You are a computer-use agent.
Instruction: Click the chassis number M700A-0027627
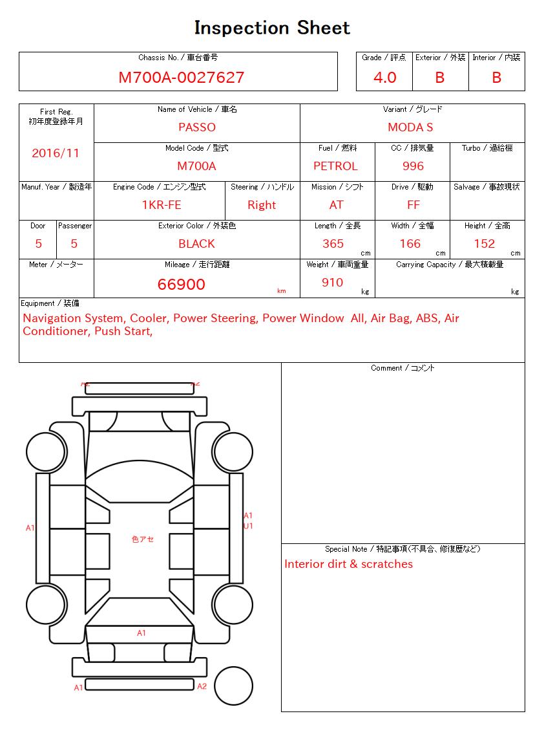[x=181, y=78]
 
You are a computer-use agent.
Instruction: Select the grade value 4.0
[x=384, y=78]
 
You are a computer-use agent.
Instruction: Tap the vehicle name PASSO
[x=196, y=127]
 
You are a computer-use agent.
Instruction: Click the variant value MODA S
[x=410, y=127]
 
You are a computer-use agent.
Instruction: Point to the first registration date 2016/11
[x=56, y=153]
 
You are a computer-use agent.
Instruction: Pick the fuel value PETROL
[x=335, y=166]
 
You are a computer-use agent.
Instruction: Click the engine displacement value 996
[x=413, y=166]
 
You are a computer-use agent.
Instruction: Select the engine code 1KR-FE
[x=162, y=205]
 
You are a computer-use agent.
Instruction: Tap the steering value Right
[x=262, y=205]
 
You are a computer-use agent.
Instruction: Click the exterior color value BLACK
[x=196, y=244]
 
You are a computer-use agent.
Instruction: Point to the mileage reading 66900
[x=182, y=285]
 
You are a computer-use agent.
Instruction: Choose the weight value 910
[x=332, y=283]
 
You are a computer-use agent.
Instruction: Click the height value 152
[x=484, y=244]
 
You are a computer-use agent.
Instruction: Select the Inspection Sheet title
[x=272, y=28]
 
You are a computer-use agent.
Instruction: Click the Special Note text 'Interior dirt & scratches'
[x=348, y=564]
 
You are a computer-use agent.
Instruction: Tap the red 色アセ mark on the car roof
[x=142, y=539]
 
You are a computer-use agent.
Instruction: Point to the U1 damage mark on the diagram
[x=248, y=526]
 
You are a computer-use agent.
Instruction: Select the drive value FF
[x=413, y=205]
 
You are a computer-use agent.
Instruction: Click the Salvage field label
[x=486, y=187]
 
